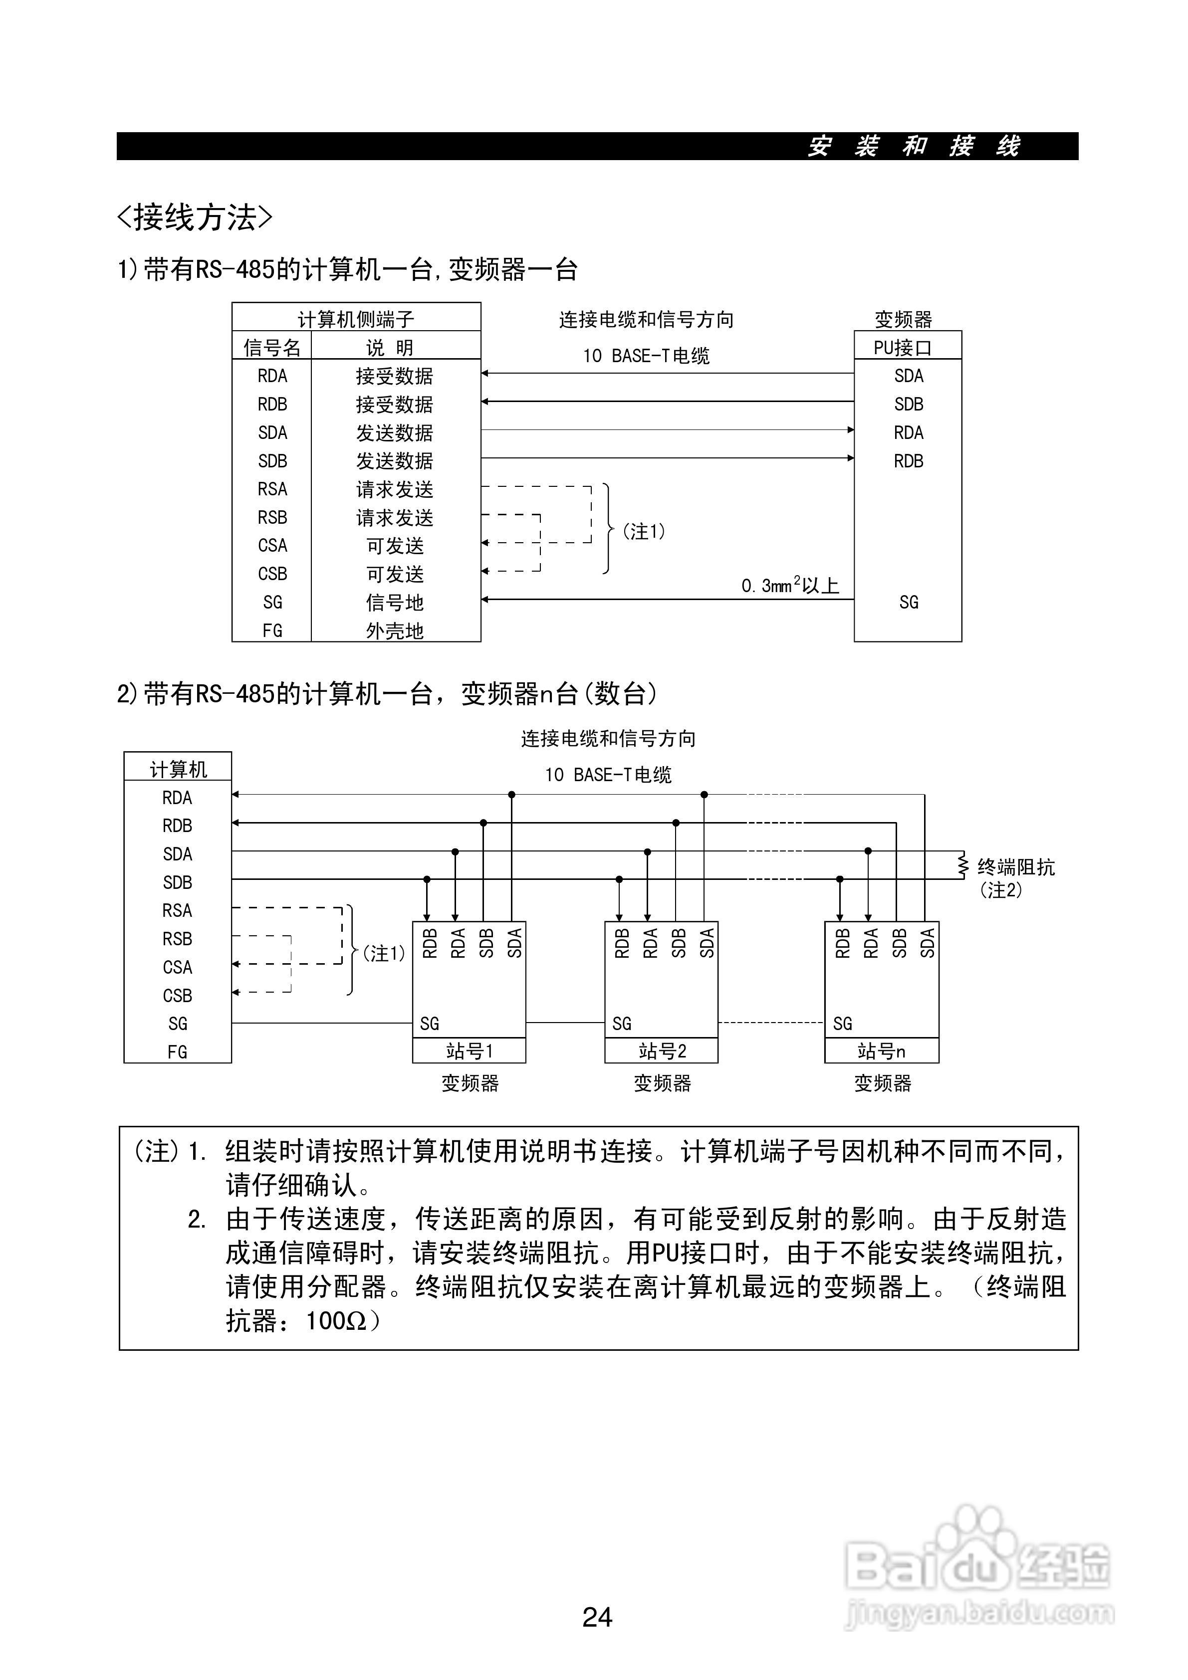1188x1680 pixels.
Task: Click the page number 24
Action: (597, 1616)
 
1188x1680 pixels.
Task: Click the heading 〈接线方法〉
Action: (195, 217)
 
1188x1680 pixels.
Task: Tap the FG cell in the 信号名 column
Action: (272, 630)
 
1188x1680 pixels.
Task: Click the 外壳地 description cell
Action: (395, 630)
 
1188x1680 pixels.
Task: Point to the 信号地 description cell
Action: (395, 602)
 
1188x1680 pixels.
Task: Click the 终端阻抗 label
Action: (1016, 867)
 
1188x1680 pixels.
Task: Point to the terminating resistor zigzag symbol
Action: (963, 865)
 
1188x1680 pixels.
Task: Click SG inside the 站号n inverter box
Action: (843, 1024)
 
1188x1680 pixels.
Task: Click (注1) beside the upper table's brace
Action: (644, 531)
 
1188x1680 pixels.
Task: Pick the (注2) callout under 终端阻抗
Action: (1000, 890)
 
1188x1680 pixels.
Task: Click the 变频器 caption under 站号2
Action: (663, 1083)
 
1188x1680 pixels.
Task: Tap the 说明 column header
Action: (390, 348)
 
